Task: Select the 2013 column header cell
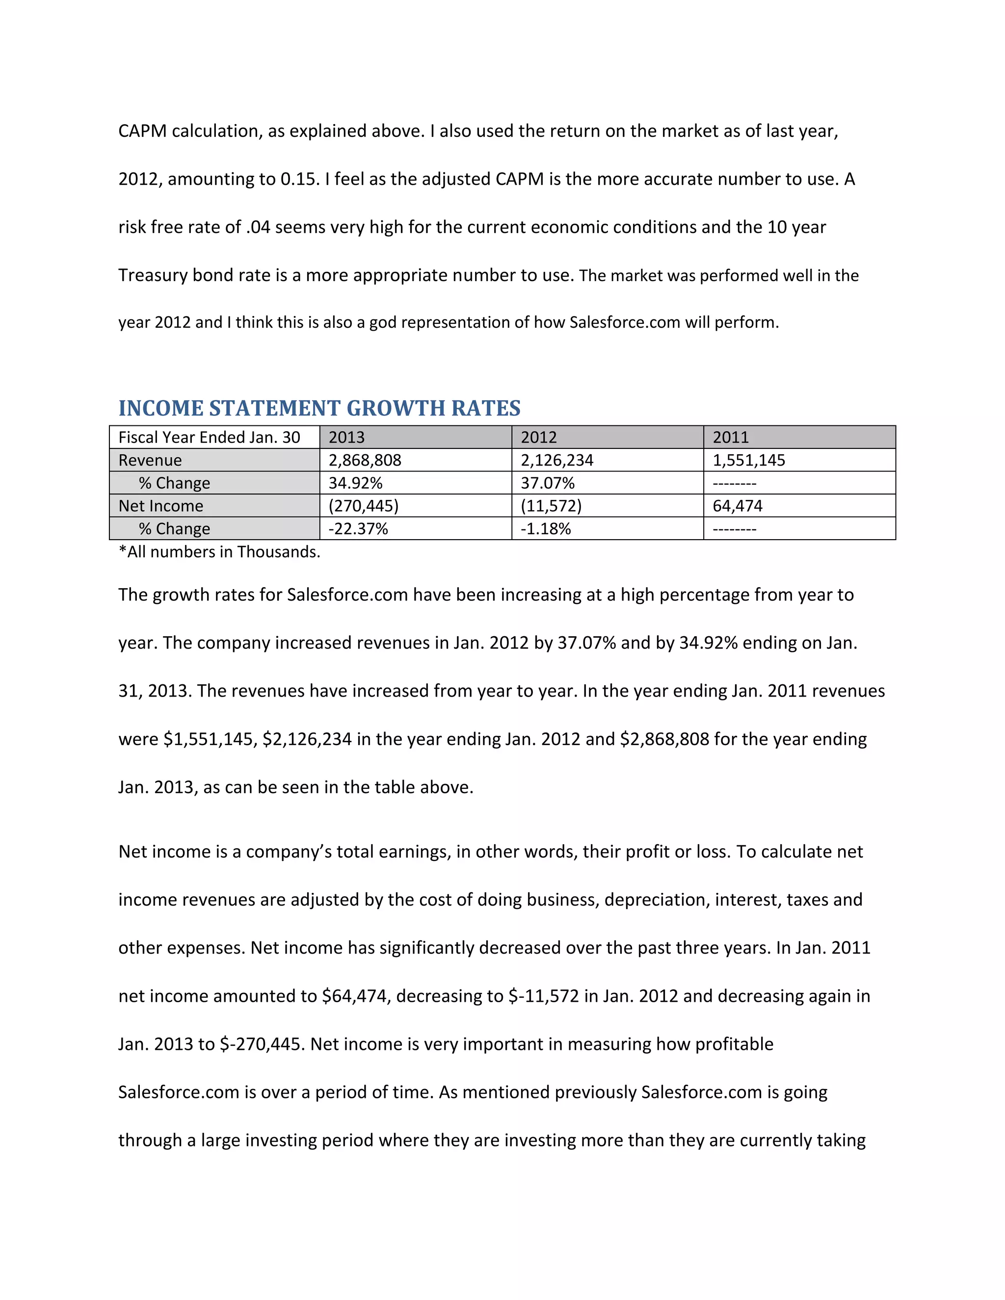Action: (415, 438)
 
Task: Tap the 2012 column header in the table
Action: (608, 438)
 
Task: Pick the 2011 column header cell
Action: (799, 438)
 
